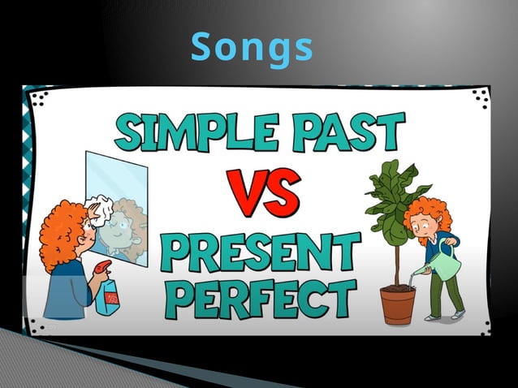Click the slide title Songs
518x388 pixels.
coord(252,49)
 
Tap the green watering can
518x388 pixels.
coord(443,265)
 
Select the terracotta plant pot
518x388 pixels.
coord(398,305)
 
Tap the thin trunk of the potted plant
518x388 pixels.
coord(399,260)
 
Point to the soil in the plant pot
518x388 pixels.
coord(398,286)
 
